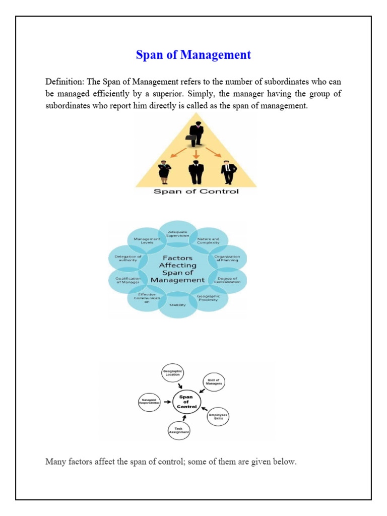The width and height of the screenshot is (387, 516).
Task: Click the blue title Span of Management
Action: click(193, 55)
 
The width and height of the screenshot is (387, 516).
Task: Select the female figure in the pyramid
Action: click(165, 172)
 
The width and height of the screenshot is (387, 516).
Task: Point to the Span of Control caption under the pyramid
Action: click(196, 191)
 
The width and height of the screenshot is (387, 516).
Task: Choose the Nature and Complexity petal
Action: click(208, 240)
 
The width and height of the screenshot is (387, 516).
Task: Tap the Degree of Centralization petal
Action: click(227, 280)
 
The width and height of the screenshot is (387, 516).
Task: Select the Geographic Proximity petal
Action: click(208, 298)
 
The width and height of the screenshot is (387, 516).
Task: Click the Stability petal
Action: click(177, 305)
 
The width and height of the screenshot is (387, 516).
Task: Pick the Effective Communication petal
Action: click(147, 298)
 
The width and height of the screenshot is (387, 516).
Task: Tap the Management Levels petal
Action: click(147, 240)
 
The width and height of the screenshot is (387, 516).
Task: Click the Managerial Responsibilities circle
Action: click(149, 402)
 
